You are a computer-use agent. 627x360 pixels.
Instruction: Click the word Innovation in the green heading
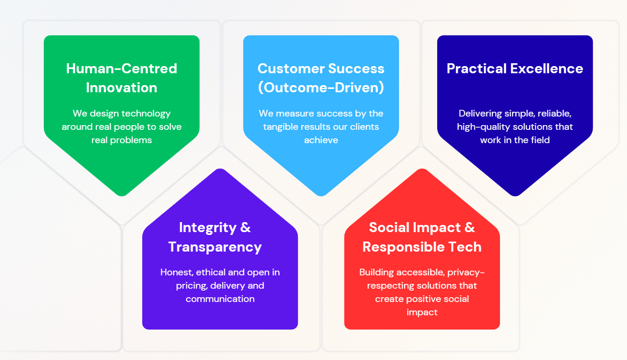pyautogui.click(x=121, y=88)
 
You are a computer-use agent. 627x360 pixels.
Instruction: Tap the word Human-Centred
pyautogui.click(x=121, y=68)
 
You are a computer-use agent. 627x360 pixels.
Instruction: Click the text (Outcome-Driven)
pyautogui.click(x=321, y=88)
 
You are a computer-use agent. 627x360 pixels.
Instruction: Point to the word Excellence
pyautogui.click(x=547, y=68)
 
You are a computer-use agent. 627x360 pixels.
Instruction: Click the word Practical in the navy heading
pyautogui.click(x=477, y=68)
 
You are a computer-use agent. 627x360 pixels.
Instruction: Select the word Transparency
pyautogui.click(x=215, y=247)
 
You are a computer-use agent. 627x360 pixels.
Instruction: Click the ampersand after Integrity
pyautogui.click(x=245, y=227)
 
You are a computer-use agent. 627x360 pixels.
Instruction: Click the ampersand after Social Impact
pyautogui.click(x=469, y=227)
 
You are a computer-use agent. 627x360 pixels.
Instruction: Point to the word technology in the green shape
pyautogui.click(x=146, y=114)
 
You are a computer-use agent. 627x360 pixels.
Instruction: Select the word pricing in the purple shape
pyautogui.click(x=190, y=286)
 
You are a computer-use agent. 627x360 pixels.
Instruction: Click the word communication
pyautogui.click(x=220, y=299)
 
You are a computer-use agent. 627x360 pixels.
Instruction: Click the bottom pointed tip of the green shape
pyautogui.click(x=122, y=195)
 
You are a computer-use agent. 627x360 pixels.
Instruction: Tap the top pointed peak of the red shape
pyautogui.click(x=422, y=170)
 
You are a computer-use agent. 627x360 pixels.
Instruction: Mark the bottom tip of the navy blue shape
pyautogui.click(x=515, y=195)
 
